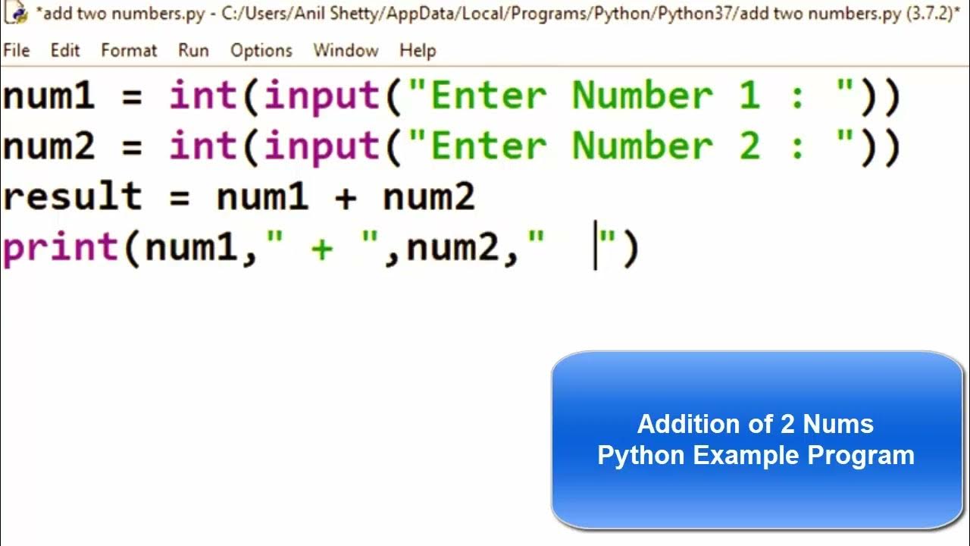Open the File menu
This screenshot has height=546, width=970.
click(16, 51)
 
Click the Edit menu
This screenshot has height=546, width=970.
click(65, 51)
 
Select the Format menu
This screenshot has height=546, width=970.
click(129, 51)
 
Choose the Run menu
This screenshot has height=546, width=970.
click(193, 51)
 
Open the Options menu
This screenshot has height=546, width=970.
click(261, 51)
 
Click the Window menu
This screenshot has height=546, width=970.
click(346, 51)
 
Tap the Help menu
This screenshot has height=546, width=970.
click(418, 51)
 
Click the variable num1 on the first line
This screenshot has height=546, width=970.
click(48, 97)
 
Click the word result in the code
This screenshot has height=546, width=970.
click(72, 198)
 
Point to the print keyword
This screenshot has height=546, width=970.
click(61, 249)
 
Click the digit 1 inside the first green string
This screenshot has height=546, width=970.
click(749, 97)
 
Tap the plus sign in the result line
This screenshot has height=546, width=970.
click(346, 199)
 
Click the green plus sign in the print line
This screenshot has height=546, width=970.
click(322, 249)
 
